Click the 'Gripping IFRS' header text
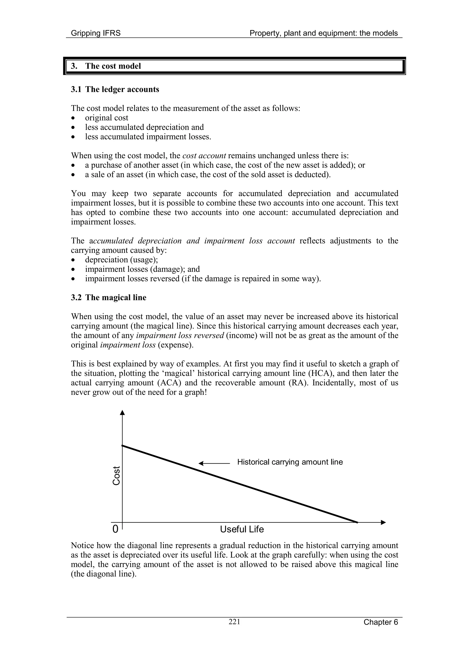coord(96,33)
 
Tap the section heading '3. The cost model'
coord(106,66)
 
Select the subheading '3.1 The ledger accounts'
coord(115,89)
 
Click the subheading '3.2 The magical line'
coord(109,298)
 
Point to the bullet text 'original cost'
coord(107,118)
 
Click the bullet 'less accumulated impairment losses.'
coord(148,137)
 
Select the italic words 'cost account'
coord(204,156)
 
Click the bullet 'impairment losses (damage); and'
coord(142,269)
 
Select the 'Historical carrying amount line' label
coord(290,462)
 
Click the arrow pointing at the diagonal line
coord(214,463)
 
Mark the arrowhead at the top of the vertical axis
coord(123,413)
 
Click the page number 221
coord(234,622)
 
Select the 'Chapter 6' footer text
coord(381,622)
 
